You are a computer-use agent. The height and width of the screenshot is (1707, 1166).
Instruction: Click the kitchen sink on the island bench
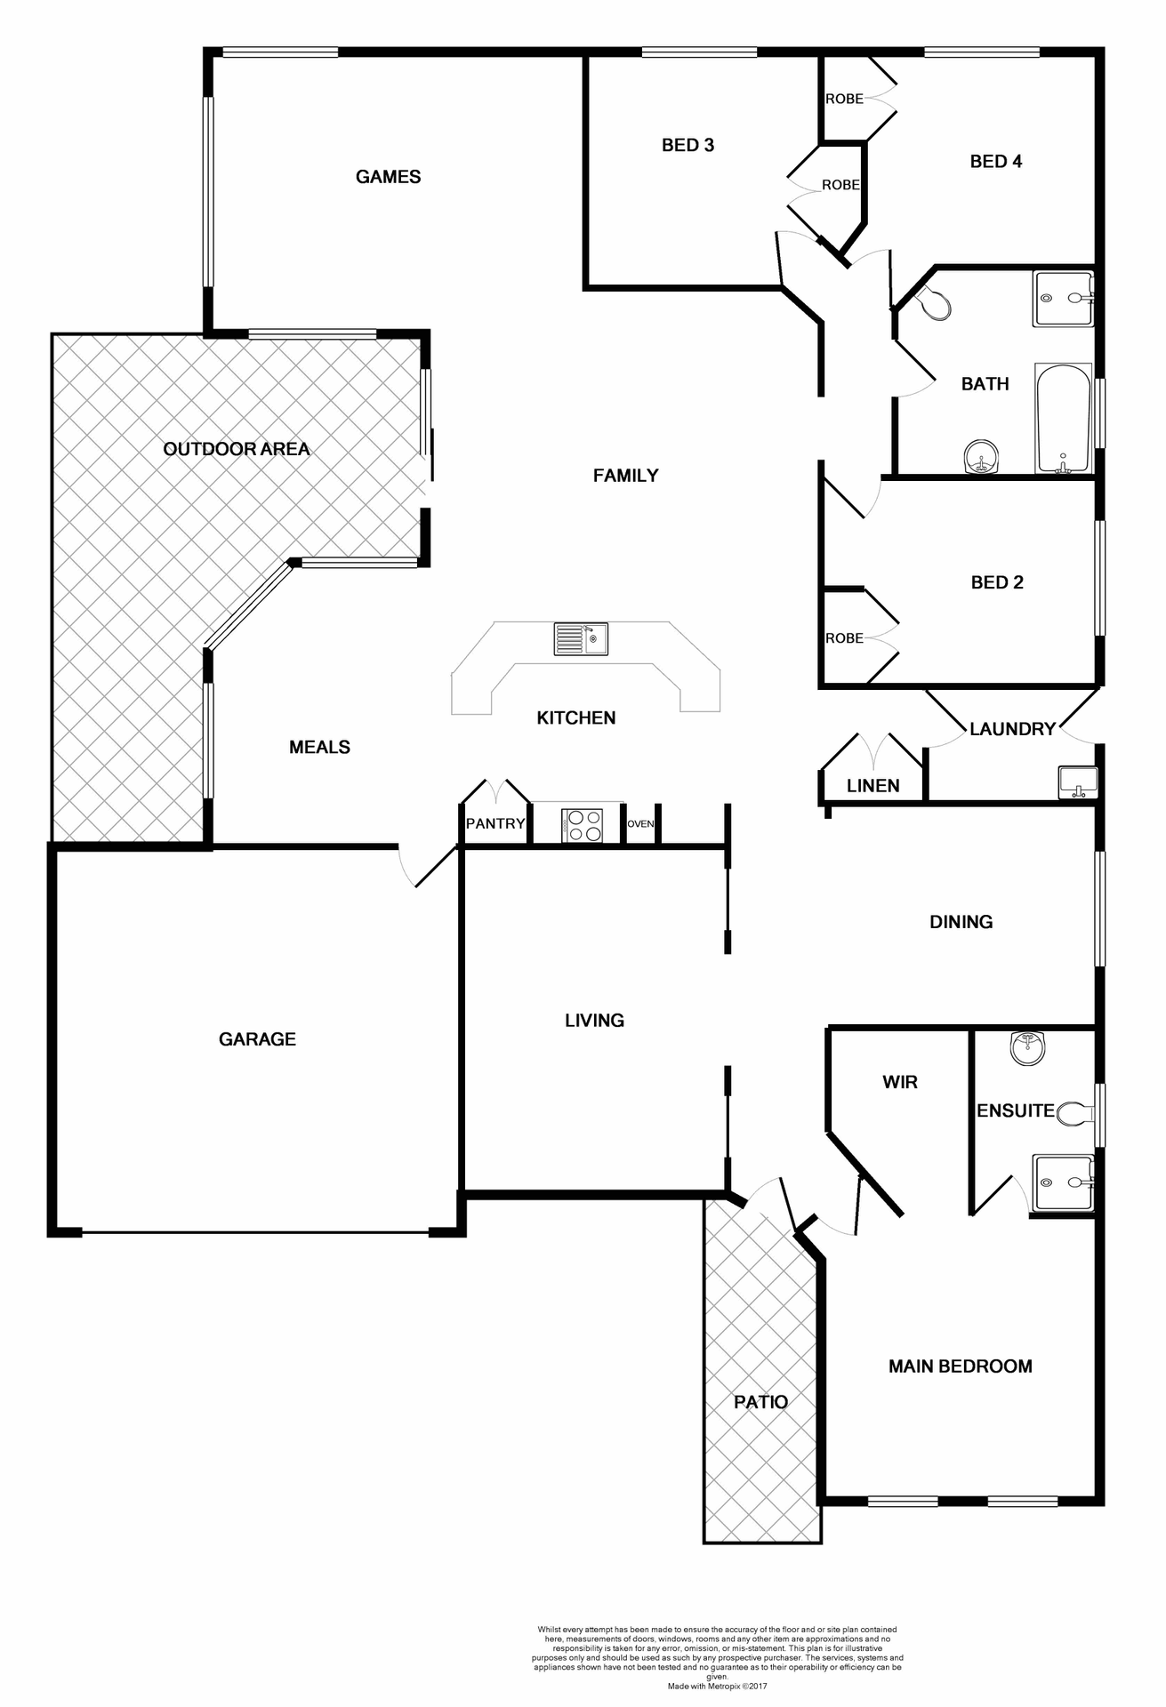pyautogui.click(x=581, y=638)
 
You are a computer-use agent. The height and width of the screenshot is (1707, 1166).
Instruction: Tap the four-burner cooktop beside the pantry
pyautogui.click(x=582, y=824)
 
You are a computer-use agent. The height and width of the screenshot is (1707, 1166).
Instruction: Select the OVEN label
pyautogui.click(x=640, y=824)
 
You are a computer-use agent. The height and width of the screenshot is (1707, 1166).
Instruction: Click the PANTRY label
pyautogui.click(x=495, y=823)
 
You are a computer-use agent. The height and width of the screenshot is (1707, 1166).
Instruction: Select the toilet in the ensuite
pyautogui.click(x=1076, y=1113)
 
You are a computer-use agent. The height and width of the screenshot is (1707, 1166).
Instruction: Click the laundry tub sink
pyautogui.click(x=1078, y=782)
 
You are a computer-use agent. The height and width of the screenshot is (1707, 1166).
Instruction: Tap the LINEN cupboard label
pyautogui.click(x=872, y=786)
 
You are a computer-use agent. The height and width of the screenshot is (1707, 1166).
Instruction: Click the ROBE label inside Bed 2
pyautogui.click(x=844, y=638)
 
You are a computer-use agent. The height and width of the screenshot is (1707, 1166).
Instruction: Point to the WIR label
pyautogui.click(x=899, y=1082)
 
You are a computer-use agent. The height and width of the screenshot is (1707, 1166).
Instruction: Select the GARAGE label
pyautogui.click(x=257, y=1038)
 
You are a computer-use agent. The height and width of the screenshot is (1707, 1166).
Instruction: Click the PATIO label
pyautogui.click(x=760, y=1402)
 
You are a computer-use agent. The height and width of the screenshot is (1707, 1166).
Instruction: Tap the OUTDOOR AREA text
pyautogui.click(x=237, y=449)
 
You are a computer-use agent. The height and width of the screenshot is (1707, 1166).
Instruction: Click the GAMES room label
pyautogui.click(x=388, y=177)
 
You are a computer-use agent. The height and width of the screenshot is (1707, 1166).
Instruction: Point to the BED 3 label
pyautogui.click(x=688, y=145)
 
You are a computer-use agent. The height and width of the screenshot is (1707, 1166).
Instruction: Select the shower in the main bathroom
pyautogui.click(x=1063, y=299)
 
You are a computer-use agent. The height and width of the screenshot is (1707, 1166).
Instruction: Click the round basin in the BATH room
pyautogui.click(x=981, y=459)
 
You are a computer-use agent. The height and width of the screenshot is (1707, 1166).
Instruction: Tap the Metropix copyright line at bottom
pyautogui.click(x=719, y=1686)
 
